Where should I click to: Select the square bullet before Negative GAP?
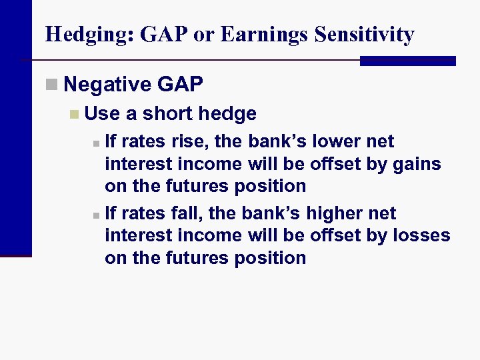click(x=53, y=85)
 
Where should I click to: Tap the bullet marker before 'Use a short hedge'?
click(x=74, y=114)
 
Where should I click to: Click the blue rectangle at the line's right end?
click(x=407, y=61)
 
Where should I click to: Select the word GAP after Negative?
click(x=180, y=85)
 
